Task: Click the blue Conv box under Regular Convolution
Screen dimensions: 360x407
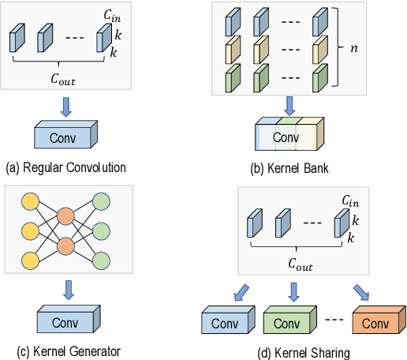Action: (66, 136)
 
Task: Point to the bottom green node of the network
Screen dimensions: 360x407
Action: (103, 260)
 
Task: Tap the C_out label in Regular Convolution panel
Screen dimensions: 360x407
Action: (65, 80)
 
